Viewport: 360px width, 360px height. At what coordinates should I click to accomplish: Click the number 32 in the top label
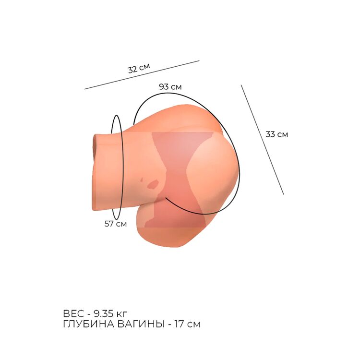click(x=133, y=69)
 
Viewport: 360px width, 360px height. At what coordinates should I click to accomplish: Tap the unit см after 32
click(x=144, y=67)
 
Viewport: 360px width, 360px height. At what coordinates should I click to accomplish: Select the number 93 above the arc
click(x=164, y=86)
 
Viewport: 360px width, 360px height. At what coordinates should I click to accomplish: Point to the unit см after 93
click(x=176, y=87)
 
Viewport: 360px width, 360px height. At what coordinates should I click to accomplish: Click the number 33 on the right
click(x=270, y=134)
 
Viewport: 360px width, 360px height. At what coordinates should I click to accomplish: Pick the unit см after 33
click(x=282, y=135)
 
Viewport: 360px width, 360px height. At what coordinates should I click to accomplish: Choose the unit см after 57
click(x=121, y=224)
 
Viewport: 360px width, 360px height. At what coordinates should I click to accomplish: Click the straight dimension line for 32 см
click(x=142, y=75)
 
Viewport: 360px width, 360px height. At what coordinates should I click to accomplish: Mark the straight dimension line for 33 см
click(x=263, y=140)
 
